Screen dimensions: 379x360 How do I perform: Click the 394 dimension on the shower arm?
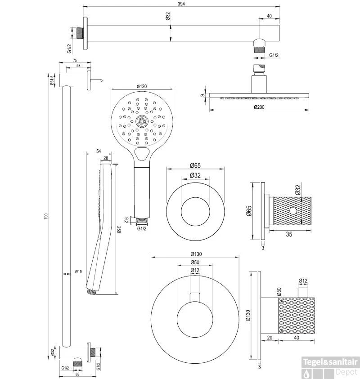181,4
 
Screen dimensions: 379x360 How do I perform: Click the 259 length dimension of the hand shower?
120,229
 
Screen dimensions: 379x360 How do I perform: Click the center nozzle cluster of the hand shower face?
141,120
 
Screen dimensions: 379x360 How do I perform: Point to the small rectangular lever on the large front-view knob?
195,296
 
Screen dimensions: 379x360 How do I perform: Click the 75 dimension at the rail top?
75,60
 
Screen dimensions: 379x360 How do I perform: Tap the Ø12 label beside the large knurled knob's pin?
303,281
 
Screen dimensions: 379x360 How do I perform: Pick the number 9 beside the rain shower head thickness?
203,95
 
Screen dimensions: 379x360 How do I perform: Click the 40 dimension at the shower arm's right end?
270,16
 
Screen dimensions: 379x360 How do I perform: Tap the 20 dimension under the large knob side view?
270,337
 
